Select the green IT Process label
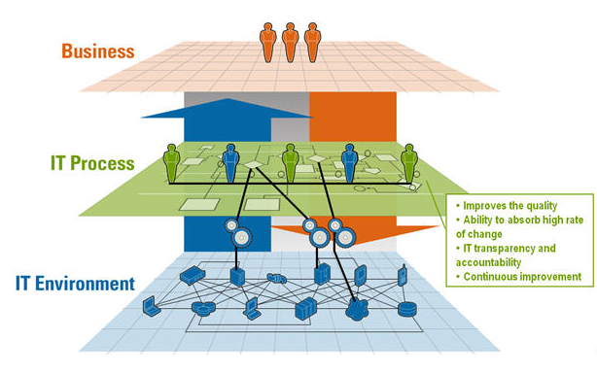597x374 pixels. (x=92, y=163)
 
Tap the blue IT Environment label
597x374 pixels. (x=75, y=285)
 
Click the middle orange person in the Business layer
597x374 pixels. (x=290, y=42)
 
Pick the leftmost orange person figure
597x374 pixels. (x=267, y=42)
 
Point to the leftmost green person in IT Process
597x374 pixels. (x=172, y=163)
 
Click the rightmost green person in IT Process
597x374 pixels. (x=409, y=163)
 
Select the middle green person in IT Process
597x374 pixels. (x=290, y=163)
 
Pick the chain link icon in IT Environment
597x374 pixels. (x=276, y=277)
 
